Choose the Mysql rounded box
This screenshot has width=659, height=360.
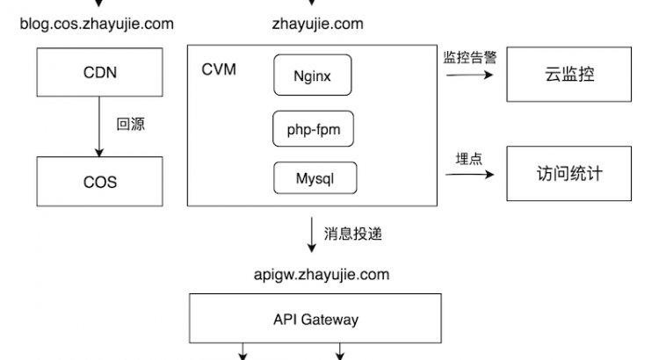(x=315, y=177)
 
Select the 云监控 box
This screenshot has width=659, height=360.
(x=569, y=74)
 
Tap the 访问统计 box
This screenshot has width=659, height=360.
(x=569, y=172)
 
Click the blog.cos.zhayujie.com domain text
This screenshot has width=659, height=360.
(x=97, y=24)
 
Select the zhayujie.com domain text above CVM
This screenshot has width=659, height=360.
(x=318, y=24)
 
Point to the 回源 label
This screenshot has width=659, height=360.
(x=130, y=126)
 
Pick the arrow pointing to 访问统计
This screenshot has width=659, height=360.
(x=470, y=174)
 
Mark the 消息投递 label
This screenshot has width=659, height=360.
(x=353, y=234)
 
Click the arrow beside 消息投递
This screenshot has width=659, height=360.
(x=311, y=234)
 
